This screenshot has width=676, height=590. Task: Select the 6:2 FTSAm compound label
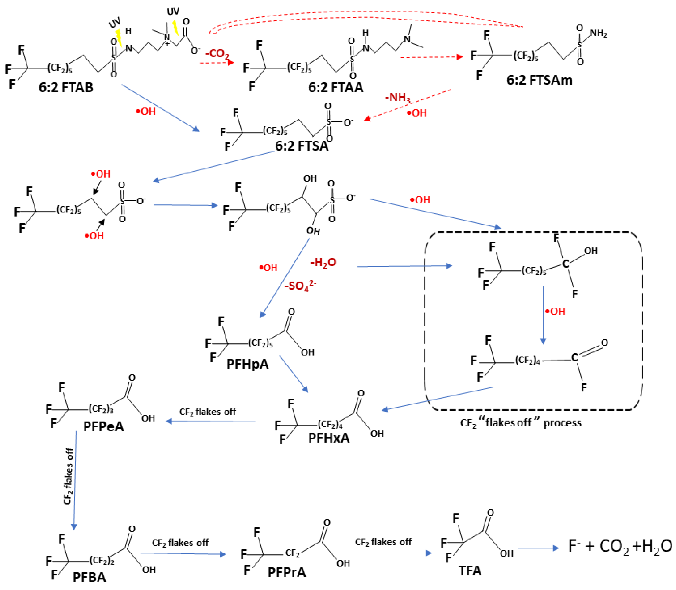point(539,80)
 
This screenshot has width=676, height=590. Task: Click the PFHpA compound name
point(247,364)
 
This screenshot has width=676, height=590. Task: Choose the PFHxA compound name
point(329,438)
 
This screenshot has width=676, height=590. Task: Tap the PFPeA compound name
point(103,426)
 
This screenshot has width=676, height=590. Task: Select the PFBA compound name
point(89,577)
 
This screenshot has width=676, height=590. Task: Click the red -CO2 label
point(217,53)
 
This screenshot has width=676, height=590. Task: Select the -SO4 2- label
point(300,286)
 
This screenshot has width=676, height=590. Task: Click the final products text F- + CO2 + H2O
point(620,547)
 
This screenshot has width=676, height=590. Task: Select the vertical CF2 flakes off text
point(68,476)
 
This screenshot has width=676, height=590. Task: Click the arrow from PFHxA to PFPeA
point(210,421)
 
